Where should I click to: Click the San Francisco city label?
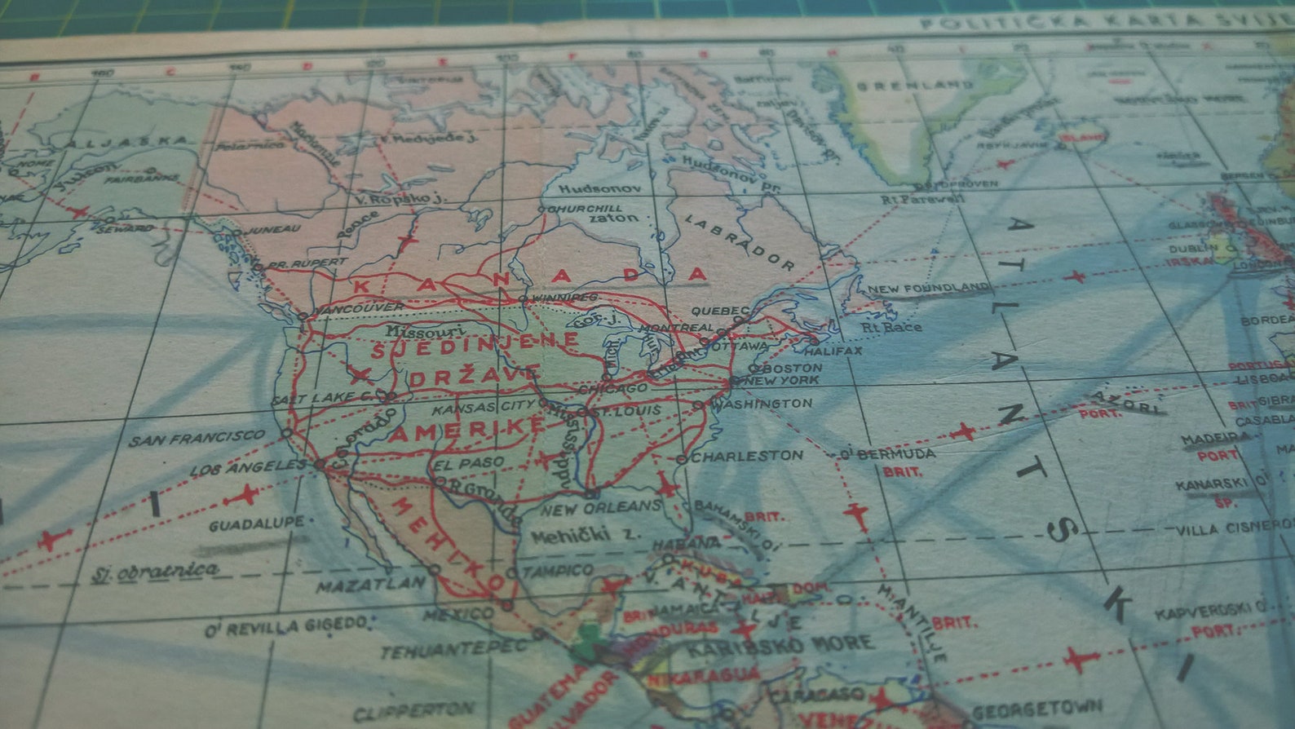point(197,438)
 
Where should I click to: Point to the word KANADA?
point(530,279)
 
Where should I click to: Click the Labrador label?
point(739,242)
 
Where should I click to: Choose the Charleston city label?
point(746,456)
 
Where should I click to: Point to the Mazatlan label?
point(370,584)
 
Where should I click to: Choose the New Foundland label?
point(928,288)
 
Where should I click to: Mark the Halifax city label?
point(833,351)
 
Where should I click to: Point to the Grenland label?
point(914,85)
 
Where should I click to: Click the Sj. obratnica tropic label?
point(155,570)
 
